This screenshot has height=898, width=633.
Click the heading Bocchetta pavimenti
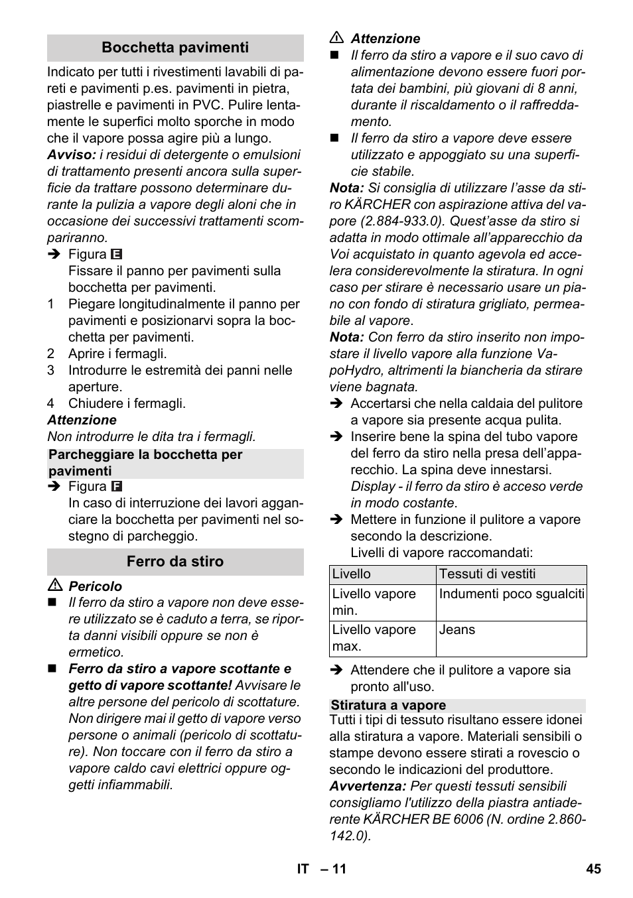(175, 48)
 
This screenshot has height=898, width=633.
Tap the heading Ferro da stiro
(175, 562)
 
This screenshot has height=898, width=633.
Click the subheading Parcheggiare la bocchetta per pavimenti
(145, 463)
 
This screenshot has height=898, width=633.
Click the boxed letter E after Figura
(117, 255)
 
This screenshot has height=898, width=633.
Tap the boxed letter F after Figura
(117, 487)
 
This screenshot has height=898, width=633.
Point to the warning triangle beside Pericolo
(55, 586)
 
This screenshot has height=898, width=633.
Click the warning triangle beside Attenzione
(337, 38)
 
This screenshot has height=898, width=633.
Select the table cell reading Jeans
(457, 630)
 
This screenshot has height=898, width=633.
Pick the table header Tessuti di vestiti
(487, 574)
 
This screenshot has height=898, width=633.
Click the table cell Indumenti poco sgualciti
(512, 594)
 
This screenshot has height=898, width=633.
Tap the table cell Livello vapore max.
(374, 638)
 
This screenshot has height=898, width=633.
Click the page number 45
(593, 869)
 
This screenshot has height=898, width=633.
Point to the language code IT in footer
(303, 869)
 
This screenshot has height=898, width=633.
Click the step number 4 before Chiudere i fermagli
(51, 404)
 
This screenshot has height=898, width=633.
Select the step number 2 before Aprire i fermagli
(51, 354)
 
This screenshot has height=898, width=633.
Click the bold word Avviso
(70, 155)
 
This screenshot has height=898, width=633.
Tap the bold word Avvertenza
(367, 787)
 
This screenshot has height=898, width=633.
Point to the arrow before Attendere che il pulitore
(336, 671)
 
